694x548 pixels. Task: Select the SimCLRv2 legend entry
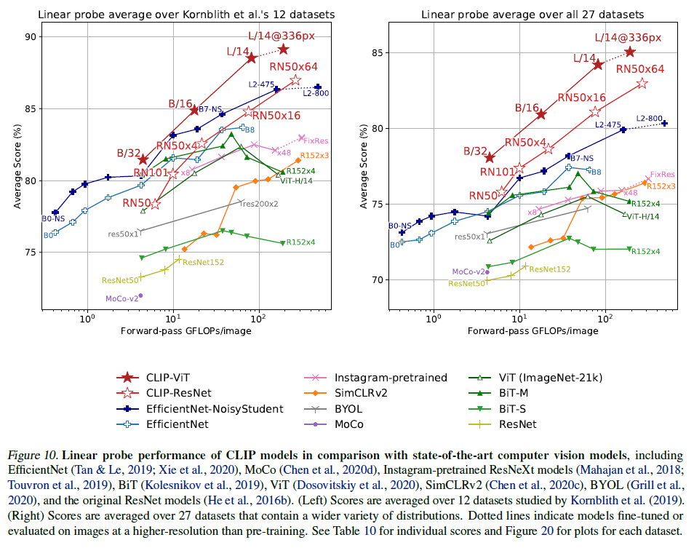(x=364, y=393)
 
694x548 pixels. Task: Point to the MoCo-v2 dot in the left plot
(x=140, y=295)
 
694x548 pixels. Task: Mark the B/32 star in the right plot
(x=490, y=158)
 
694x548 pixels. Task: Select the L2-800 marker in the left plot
(x=318, y=87)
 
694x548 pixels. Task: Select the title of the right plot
(x=534, y=13)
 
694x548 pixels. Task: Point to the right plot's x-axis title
(x=533, y=330)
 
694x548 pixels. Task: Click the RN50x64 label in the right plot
(x=640, y=69)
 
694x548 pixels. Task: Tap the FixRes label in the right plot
(x=662, y=175)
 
